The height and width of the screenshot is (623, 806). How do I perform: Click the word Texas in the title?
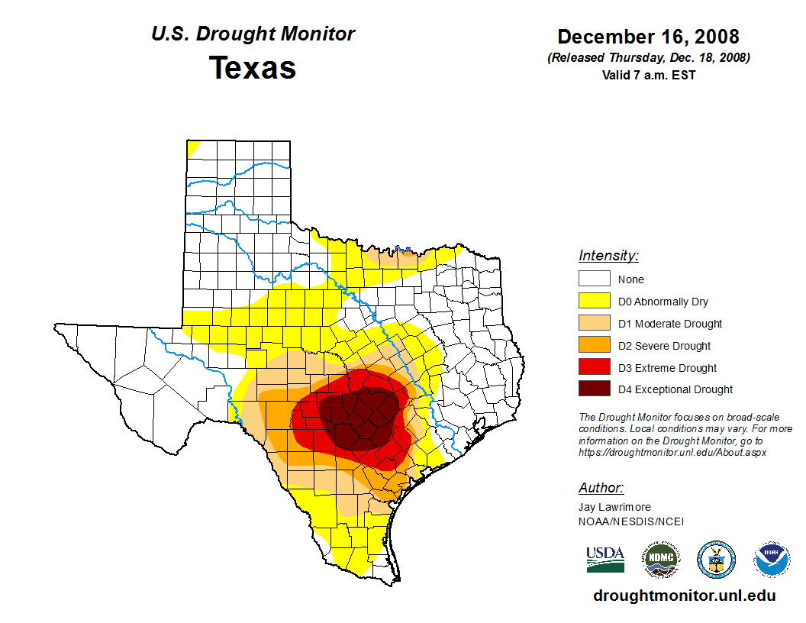[x=253, y=68]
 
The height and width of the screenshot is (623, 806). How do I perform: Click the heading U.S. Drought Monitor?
[x=253, y=34]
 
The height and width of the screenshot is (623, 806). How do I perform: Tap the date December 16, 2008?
[x=648, y=37]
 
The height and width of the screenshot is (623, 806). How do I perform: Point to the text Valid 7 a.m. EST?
[x=648, y=75]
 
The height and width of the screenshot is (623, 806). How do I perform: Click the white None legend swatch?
[x=594, y=279]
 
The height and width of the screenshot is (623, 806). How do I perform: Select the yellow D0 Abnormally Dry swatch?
[x=594, y=302]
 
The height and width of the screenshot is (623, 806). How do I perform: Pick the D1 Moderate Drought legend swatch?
[x=594, y=324]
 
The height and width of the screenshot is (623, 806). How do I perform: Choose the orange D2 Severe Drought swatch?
[x=594, y=346]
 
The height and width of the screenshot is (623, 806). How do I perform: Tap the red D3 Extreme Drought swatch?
[x=594, y=368]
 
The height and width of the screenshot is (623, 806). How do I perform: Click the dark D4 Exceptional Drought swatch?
[x=594, y=389]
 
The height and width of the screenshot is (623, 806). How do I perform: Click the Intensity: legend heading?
[x=608, y=256]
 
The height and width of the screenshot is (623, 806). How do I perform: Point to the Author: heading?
[x=601, y=488]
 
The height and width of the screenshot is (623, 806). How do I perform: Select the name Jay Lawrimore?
[x=614, y=507]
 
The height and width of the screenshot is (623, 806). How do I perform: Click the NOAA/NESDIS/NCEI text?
[x=631, y=521]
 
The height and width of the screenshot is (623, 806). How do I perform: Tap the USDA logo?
[x=605, y=560]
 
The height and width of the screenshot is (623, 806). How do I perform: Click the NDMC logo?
[x=661, y=560]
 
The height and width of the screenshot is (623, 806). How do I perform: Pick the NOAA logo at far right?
[x=772, y=560]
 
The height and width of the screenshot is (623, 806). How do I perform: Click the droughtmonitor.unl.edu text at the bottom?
[x=685, y=596]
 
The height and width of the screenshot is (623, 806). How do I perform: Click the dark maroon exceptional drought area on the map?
[x=359, y=416]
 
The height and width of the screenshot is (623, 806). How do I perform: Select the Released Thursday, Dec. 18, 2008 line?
[x=648, y=58]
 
